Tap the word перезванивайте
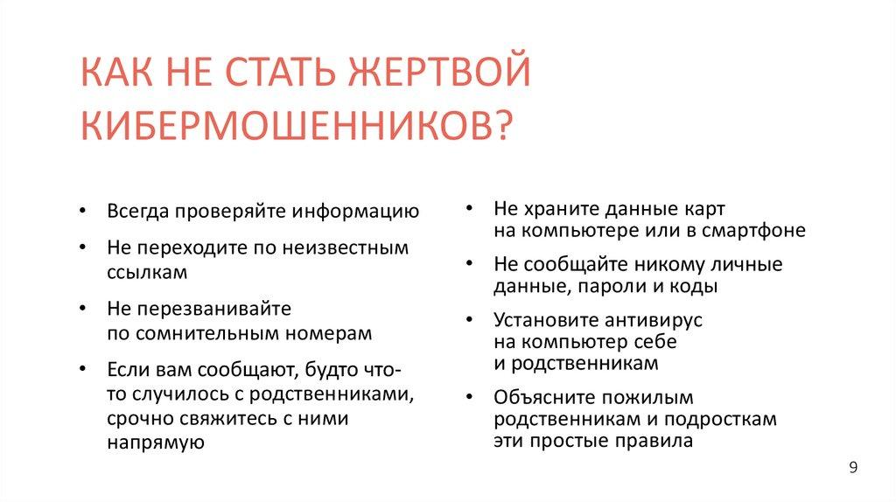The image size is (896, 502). tap(211, 310)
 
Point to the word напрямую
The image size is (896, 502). tap(155, 443)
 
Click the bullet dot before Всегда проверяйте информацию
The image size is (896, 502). tap(81, 213)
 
